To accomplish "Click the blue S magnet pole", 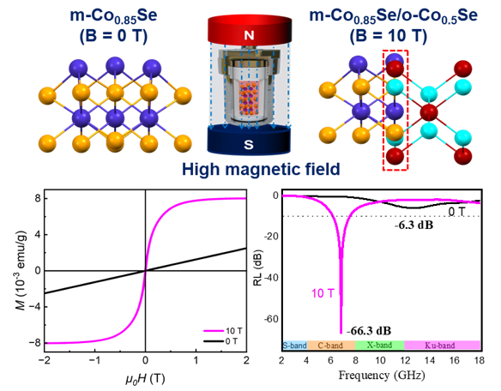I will point(250,140).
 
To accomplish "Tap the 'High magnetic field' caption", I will point(250,168).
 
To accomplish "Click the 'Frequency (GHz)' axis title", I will point(380,377).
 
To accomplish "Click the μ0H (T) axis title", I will point(146,378).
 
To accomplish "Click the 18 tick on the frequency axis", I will point(480,361).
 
